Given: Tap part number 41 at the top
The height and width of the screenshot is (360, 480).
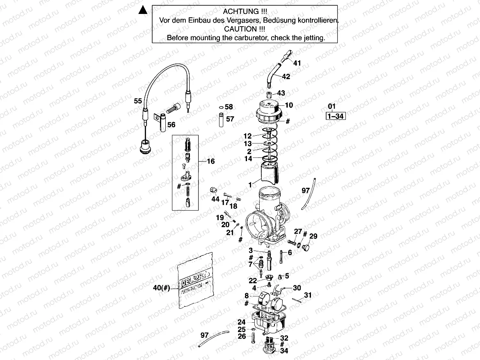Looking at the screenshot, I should (x=297, y=63).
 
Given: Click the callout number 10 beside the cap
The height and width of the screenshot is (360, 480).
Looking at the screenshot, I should (x=289, y=105).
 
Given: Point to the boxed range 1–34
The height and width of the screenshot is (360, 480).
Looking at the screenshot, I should (x=335, y=116).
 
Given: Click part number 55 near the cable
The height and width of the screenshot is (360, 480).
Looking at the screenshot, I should (x=138, y=100).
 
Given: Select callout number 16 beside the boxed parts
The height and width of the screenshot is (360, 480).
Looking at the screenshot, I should (x=210, y=162).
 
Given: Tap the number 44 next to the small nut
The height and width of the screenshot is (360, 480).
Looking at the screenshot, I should (x=215, y=199).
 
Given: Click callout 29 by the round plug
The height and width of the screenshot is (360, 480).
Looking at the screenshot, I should (x=313, y=237).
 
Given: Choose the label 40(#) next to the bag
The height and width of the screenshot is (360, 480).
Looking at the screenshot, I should (x=161, y=288).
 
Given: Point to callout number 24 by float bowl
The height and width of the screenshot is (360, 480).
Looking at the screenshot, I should (x=241, y=322).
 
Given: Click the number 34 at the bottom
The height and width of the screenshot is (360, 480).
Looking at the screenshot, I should (x=284, y=351).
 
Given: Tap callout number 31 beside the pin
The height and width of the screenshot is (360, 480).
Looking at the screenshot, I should (x=308, y=295).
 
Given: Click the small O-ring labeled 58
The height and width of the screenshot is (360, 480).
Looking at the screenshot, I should (x=221, y=107).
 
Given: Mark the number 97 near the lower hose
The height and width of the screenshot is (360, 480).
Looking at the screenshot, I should (x=205, y=335).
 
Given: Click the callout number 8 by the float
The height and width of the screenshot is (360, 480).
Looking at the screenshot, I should (x=247, y=295).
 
